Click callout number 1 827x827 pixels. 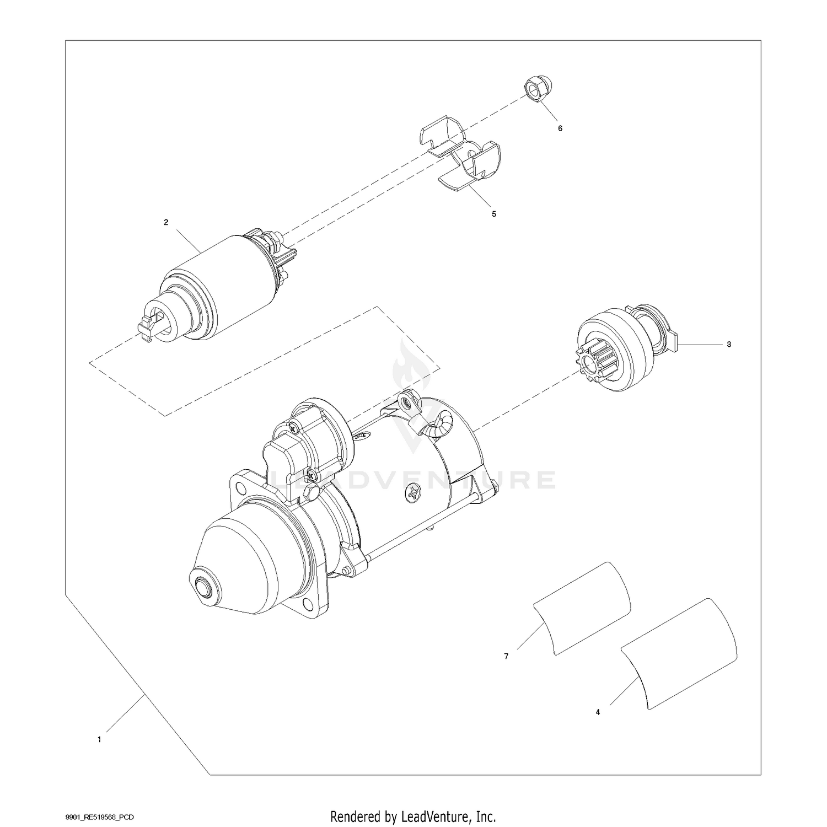click(99, 740)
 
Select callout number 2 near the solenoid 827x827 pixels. click(166, 222)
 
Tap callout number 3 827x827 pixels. click(729, 345)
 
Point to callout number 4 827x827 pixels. click(598, 712)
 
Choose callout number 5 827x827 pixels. click(494, 214)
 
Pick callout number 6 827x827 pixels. click(560, 128)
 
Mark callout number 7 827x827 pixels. click(506, 657)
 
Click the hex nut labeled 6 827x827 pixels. click(533, 89)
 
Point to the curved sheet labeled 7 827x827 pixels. click(582, 608)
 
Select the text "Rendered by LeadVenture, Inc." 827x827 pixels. click(413, 815)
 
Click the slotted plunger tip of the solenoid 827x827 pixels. click(148, 329)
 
